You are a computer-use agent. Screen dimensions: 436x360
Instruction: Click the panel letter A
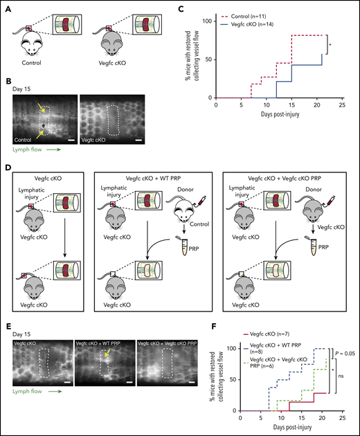7,7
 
